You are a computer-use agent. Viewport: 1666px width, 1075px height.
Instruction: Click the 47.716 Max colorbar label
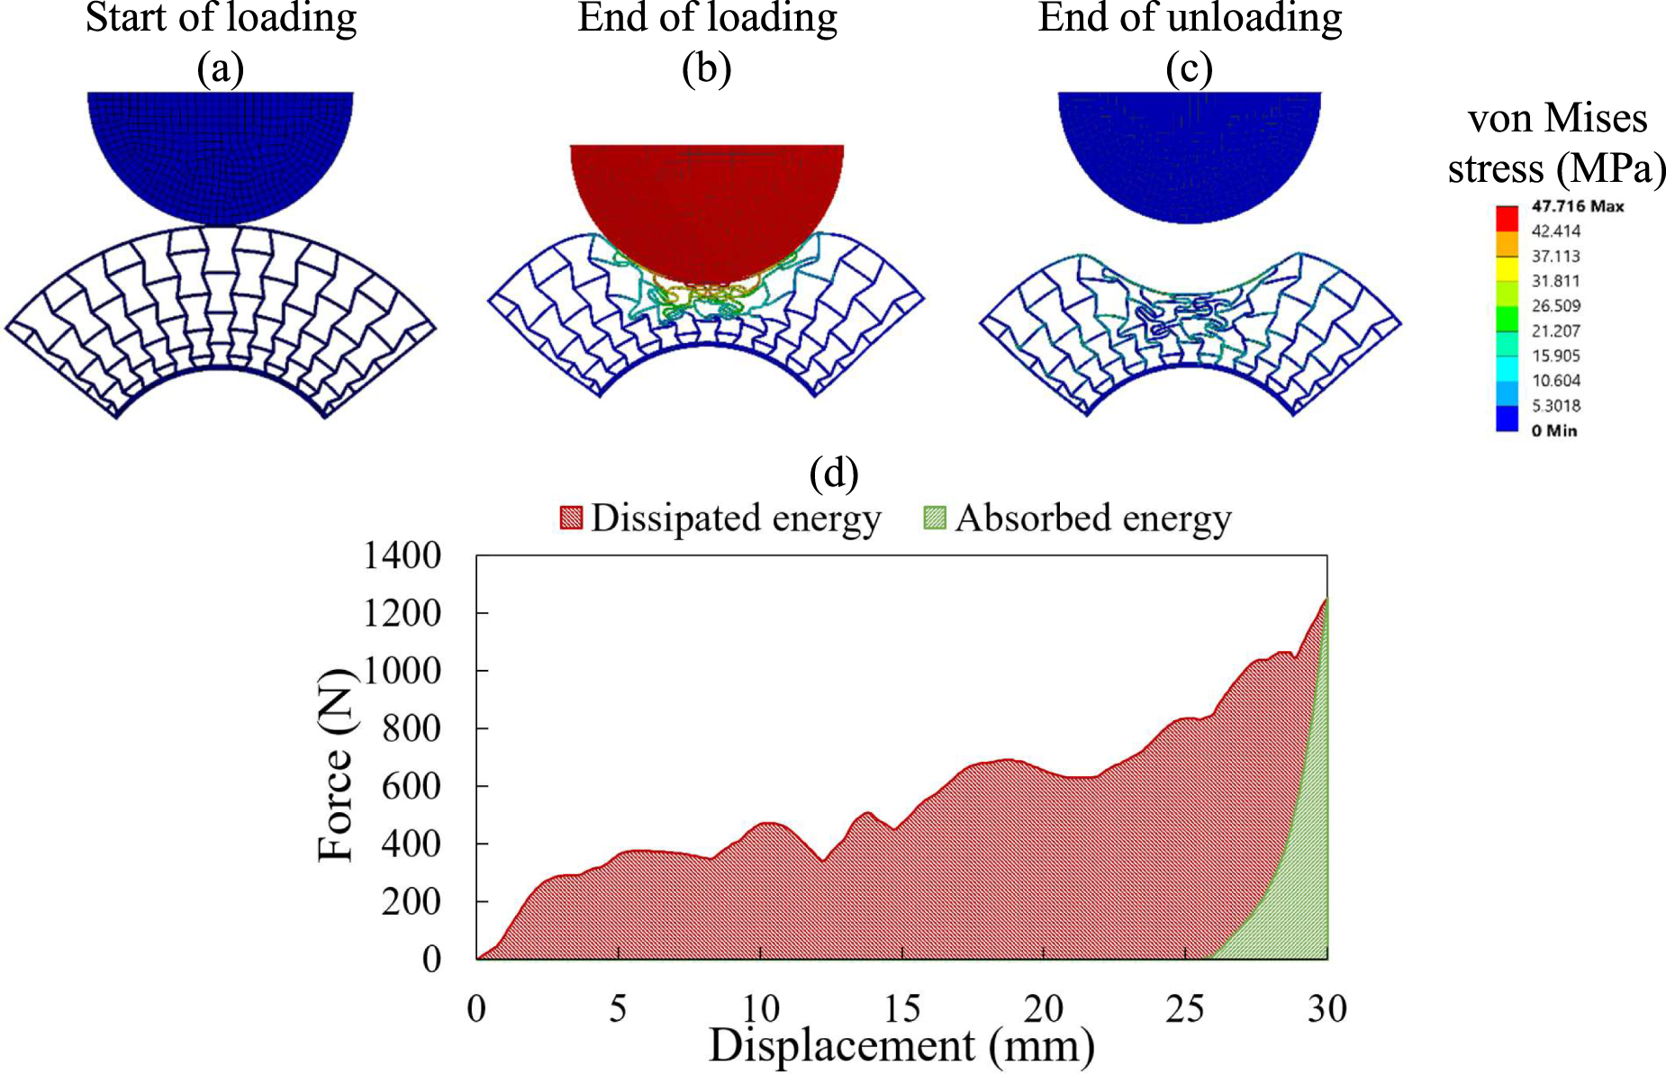pos(1577,206)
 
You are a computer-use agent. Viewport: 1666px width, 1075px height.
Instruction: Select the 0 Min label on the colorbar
pos(1553,430)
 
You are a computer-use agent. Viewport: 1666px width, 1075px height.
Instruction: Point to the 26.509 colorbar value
pos(1556,306)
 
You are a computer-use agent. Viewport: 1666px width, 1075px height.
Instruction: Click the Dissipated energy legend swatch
pos(571,518)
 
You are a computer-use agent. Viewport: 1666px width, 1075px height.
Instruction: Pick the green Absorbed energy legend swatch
pos(935,518)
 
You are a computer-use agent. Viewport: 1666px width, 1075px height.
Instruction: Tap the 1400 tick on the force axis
pos(402,556)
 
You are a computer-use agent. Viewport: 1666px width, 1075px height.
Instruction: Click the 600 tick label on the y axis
pos(411,786)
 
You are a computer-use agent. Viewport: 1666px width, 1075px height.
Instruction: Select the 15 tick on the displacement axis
pos(901,1008)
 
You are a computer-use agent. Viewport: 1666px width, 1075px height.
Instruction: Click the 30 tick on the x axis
pos(1326,1008)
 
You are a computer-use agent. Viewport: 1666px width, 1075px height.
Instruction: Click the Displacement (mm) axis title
pos(901,1046)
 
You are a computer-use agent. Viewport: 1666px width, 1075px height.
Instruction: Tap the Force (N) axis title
pos(336,765)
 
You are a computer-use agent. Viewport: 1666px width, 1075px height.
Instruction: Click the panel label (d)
pos(833,472)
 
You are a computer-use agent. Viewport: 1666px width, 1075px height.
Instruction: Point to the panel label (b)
pos(706,68)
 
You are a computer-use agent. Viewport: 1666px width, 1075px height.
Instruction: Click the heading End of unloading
pos(1189,18)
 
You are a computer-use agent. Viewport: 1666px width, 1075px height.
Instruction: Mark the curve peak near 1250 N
pos(1326,599)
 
